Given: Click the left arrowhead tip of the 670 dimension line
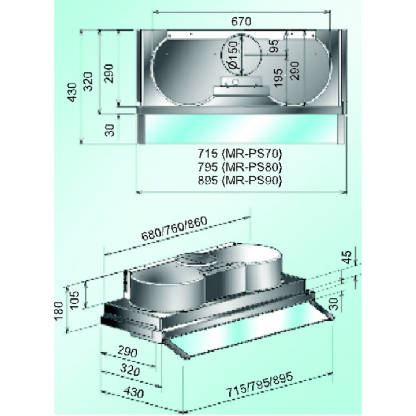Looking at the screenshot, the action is [x=153, y=11].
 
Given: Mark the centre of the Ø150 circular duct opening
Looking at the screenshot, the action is [x=242, y=55].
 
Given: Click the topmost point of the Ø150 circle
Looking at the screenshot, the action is [x=242, y=34].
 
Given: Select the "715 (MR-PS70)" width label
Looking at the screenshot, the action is [x=240, y=154].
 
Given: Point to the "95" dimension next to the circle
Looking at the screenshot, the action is [x=274, y=45].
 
